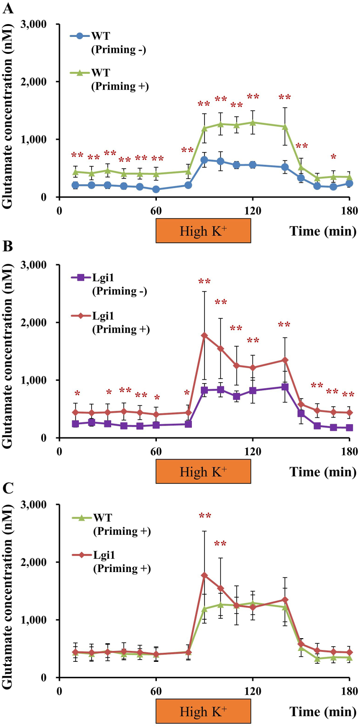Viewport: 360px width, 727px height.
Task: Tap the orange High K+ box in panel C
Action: click(203, 711)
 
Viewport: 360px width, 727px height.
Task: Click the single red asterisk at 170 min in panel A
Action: click(333, 157)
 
